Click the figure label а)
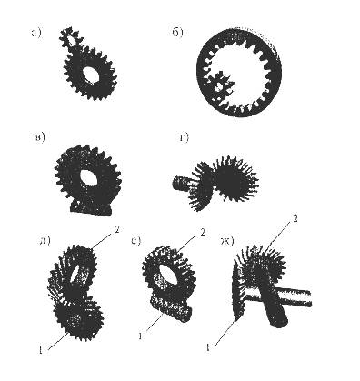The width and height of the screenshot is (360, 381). point(35,33)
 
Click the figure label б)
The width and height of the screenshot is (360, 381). point(178,32)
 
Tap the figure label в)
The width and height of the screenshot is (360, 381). point(39,137)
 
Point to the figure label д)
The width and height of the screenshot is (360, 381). point(45,241)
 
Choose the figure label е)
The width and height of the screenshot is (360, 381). point(136,241)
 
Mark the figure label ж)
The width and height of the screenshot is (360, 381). point(226,241)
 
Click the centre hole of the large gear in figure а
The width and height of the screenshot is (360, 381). point(91,75)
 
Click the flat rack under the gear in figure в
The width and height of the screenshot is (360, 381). point(91,209)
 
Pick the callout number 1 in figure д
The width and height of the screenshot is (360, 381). point(40,350)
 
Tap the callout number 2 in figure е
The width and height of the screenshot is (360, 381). point(203,233)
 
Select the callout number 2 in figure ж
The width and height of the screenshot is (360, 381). point(295,218)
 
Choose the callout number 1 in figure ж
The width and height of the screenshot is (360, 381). point(207,347)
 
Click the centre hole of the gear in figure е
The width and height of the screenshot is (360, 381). point(168,275)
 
